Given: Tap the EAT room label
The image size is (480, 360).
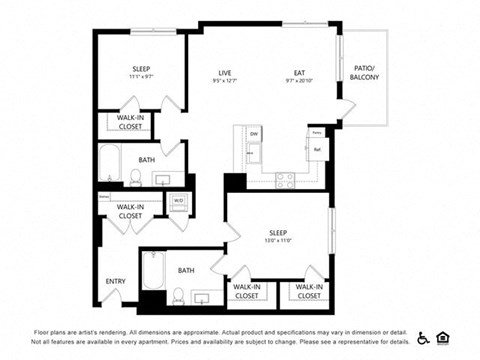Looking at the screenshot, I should [x=298, y=72].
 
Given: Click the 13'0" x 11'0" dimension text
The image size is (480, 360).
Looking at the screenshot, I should [x=278, y=241].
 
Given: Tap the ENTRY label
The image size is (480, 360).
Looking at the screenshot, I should [x=116, y=281].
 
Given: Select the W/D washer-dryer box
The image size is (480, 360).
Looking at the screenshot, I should [x=179, y=201].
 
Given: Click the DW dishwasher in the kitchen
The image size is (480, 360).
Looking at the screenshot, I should [x=254, y=134].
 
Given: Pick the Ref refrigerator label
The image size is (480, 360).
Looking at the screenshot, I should [x=316, y=150].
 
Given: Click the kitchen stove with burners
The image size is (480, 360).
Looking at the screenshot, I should [x=285, y=179].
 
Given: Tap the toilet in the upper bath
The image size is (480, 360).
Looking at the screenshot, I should [x=135, y=178].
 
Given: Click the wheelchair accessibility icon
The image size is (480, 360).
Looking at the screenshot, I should [x=423, y=337].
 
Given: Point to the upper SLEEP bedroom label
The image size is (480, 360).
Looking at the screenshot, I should [x=140, y=69].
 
